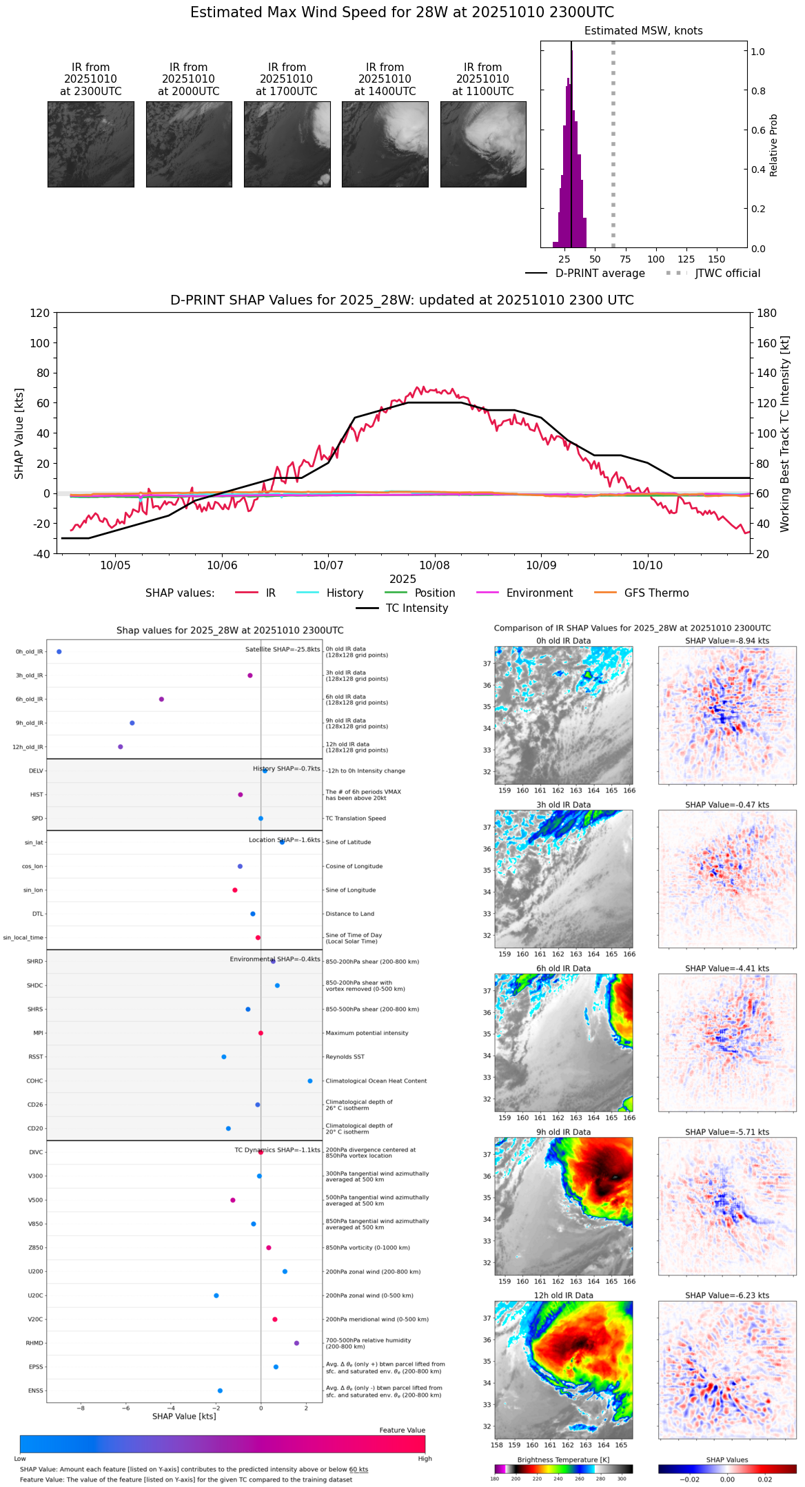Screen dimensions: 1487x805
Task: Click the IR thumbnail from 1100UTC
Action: point(483,144)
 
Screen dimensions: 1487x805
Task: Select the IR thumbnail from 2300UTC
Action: point(90,144)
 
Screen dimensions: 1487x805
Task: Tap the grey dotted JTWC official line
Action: point(613,138)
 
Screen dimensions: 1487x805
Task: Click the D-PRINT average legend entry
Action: point(585,274)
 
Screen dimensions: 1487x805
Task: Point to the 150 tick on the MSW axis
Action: point(717,259)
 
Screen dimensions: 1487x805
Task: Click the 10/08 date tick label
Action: point(435,565)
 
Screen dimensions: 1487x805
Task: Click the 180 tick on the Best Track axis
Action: point(767,313)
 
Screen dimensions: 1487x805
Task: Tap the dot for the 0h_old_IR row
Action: point(59,652)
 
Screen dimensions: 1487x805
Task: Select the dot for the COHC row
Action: point(310,1080)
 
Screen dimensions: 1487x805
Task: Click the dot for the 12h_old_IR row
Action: point(121,747)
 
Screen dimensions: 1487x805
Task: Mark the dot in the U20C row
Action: point(216,1295)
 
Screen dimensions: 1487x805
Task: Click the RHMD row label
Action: point(34,1343)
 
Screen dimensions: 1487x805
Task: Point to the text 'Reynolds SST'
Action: point(345,1057)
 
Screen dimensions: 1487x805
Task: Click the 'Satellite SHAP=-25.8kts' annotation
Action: point(283,650)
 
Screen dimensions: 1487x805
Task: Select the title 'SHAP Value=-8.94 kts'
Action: point(727,641)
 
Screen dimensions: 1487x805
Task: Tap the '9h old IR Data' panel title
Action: point(563,1132)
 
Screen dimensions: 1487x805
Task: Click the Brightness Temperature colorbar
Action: point(563,1468)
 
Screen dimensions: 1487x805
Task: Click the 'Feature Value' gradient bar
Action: point(223,1444)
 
